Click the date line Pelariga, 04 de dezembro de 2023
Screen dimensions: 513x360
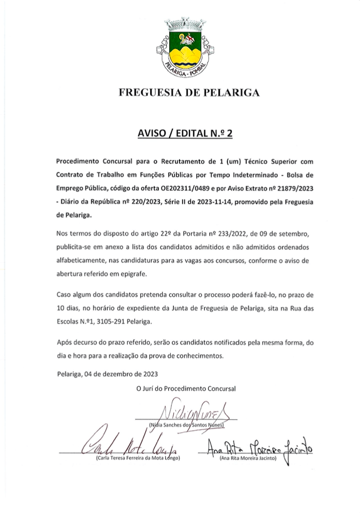107,373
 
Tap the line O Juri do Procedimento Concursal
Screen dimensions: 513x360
186,388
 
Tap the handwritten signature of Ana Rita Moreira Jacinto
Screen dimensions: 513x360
260,448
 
